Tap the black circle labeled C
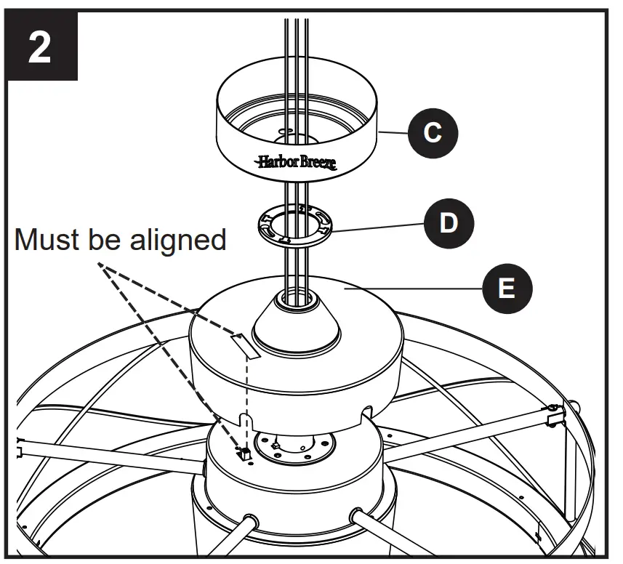coord(433,134)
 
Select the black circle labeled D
coord(449,222)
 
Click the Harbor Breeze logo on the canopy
coord(296,162)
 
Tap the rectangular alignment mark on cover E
coord(246,345)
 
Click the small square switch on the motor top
coord(246,454)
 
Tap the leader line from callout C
coord(393,133)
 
